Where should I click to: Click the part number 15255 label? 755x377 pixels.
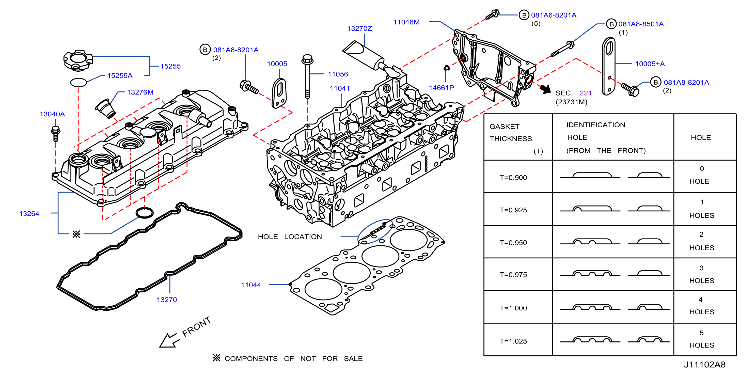point(170,66)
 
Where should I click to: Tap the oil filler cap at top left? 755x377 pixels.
point(78,60)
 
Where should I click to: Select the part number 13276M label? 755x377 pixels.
point(140,92)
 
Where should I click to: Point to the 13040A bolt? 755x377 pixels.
point(56,134)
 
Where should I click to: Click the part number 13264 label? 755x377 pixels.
point(29,214)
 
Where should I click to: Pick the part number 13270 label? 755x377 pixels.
point(167,300)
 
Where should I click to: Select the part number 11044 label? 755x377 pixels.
point(251,285)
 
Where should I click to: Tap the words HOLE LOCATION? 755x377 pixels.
point(290,237)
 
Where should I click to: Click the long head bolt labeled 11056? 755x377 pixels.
point(307,76)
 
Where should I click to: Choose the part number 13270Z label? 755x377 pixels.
point(360,28)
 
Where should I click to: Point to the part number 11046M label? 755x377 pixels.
point(406,22)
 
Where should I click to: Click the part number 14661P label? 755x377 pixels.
point(442,88)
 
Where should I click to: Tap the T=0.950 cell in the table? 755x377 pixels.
point(513,243)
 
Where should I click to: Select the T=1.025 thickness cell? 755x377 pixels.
point(513,341)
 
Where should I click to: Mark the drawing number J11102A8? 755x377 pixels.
point(705,365)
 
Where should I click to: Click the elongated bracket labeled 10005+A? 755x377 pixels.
point(608,66)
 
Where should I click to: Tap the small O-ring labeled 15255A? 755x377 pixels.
point(78,82)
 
